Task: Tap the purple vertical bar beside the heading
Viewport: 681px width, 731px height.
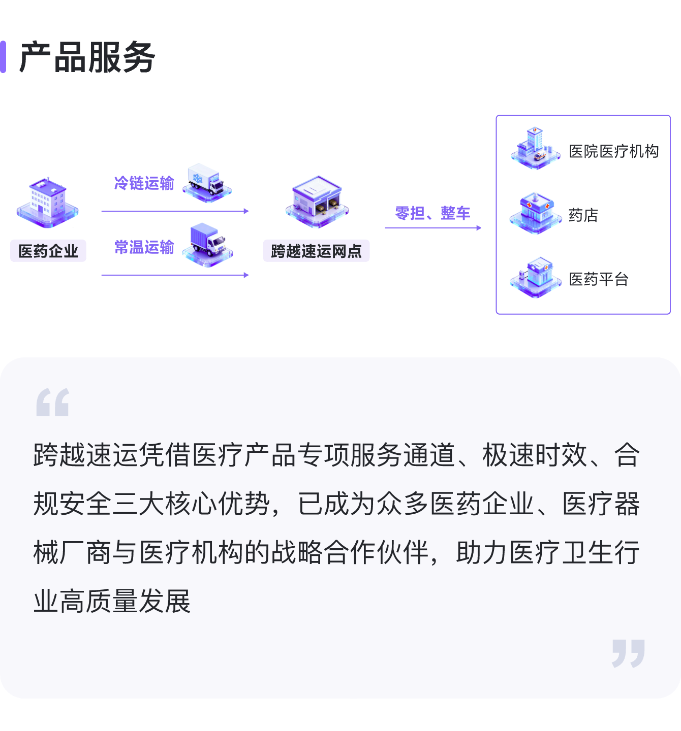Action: click(3, 57)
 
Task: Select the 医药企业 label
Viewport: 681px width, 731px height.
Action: click(48, 251)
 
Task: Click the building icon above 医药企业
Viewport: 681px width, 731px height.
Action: click(48, 202)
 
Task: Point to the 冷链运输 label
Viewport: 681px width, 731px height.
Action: click(144, 183)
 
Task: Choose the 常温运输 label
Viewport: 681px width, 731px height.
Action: click(144, 247)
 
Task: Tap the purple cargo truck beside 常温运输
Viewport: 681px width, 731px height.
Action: click(208, 245)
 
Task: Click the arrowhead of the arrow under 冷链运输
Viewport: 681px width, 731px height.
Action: click(246, 211)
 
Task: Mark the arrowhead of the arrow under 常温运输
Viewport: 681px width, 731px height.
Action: click(246, 275)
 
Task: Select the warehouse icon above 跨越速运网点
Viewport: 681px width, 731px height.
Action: click(317, 202)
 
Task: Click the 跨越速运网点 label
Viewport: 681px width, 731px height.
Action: click(317, 251)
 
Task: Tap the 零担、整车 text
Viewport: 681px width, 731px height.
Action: click(432, 213)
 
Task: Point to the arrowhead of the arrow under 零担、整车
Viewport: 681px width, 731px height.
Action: click(479, 228)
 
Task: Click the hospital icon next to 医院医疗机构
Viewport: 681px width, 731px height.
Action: click(536, 148)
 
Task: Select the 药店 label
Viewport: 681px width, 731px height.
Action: click(583, 215)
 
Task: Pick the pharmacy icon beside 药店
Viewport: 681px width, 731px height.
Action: click(536, 213)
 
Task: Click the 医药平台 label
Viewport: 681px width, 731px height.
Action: click(599, 279)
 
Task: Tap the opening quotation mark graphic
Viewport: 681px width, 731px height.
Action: click(53, 402)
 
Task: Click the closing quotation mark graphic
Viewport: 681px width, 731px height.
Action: click(628, 653)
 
